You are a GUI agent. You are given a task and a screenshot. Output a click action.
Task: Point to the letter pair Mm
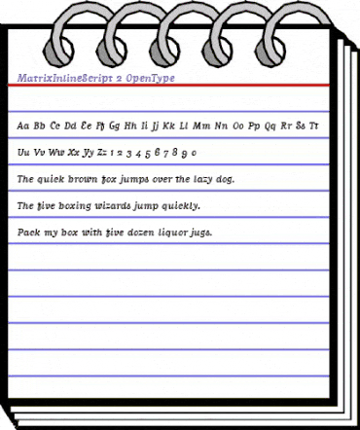tap(202, 125)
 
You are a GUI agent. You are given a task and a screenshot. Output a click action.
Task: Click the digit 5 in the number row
tap(147, 153)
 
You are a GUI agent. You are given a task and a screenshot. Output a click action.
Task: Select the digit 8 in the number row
tap(176, 153)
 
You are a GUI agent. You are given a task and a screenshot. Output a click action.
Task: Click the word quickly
tap(179, 207)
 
